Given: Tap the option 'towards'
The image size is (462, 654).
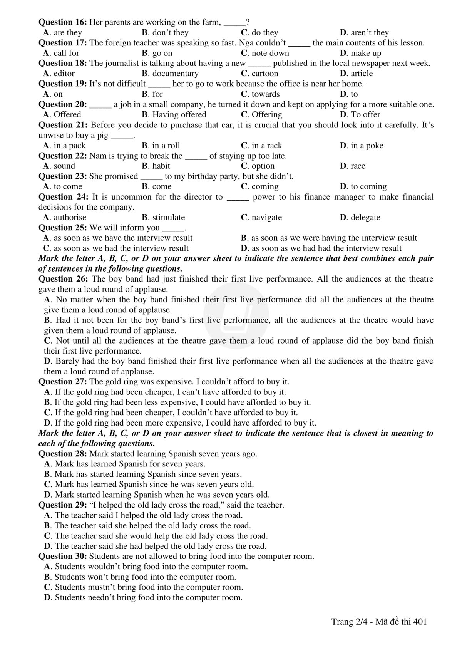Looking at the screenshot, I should click(265, 94).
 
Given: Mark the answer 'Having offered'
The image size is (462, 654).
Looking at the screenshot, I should click(179, 114).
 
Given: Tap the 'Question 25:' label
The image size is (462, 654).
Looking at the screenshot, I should click(63, 228).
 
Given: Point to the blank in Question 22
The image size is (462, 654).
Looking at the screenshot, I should click(196, 156).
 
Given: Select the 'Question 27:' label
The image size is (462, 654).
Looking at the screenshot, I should click(63, 382).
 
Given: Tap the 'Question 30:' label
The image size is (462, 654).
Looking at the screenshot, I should click(63, 556).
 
